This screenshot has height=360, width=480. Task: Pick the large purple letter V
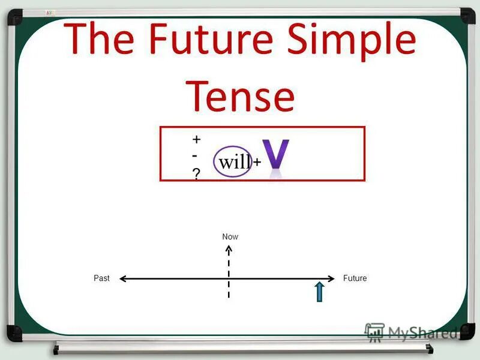click(277, 155)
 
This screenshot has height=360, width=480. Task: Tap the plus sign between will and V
click(257, 163)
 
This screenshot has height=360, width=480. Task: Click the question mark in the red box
click(196, 173)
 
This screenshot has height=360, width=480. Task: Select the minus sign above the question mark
click(196, 155)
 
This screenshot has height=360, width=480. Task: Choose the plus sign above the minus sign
click(196, 139)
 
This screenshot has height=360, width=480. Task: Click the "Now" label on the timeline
click(230, 237)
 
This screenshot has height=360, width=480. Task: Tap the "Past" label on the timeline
click(101, 278)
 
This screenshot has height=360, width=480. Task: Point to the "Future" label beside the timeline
click(355, 278)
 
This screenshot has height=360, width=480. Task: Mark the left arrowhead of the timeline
click(122, 278)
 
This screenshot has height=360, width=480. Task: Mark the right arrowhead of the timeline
click(331, 278)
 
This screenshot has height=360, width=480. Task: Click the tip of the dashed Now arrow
click(229, 247)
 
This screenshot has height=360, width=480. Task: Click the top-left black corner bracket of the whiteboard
click(15, 16)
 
